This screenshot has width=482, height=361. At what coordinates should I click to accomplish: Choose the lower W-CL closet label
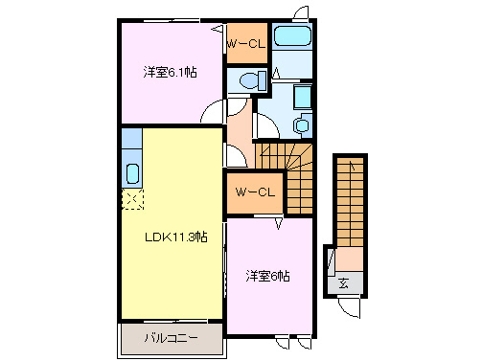[x=254, y=192]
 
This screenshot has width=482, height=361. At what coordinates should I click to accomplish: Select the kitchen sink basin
[x=133, y=174]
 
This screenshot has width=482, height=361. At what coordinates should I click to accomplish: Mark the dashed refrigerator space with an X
[x=131, y=200]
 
